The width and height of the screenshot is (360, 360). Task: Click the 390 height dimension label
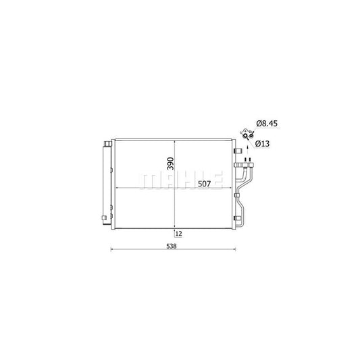171,165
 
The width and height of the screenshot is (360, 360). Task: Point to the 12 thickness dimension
179,234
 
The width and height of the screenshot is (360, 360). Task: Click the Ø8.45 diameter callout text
267,124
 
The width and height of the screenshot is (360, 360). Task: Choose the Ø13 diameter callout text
264,144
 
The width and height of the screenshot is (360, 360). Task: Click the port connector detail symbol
247,134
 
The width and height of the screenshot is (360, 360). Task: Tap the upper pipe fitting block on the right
244,165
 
